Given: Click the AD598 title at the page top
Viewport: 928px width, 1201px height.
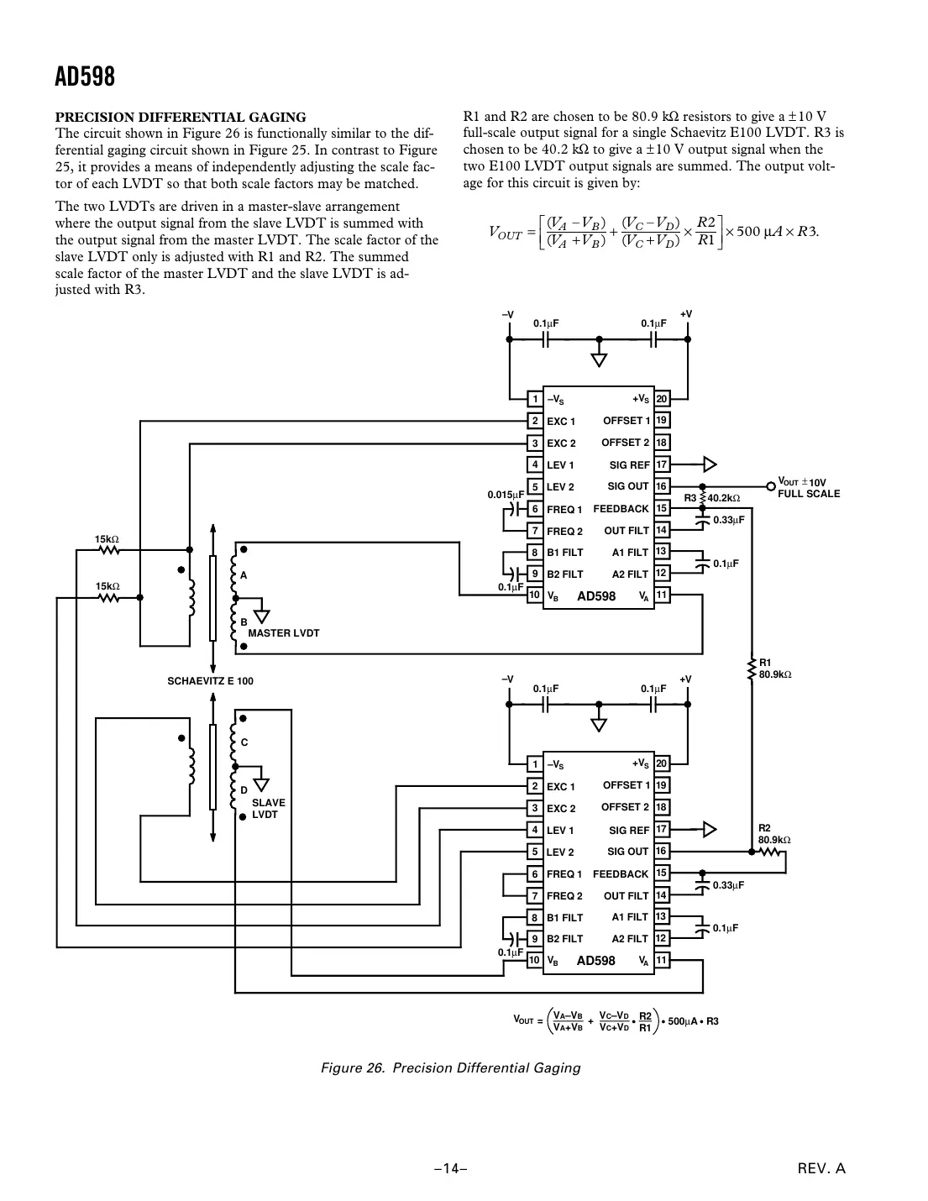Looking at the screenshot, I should (85, 77).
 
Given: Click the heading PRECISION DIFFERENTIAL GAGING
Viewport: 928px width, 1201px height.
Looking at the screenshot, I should (181, 117).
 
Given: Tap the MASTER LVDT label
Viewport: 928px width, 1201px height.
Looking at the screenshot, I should (284, 633).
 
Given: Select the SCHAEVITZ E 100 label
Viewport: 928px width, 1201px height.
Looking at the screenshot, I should (211, 681).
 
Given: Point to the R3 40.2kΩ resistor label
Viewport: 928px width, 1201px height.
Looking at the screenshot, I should (712, 498).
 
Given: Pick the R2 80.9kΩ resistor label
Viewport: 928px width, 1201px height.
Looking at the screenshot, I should (774, 833).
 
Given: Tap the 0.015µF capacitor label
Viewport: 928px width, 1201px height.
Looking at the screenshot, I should (506, 495).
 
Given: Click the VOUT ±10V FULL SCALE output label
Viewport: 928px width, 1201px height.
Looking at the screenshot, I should (808, 487).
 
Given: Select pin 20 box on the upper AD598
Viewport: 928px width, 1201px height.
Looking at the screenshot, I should (662, 399).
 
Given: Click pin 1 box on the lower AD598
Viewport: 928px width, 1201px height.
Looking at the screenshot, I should (534, 764).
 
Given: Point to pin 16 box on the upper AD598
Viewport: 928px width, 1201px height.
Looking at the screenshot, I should (662, 486).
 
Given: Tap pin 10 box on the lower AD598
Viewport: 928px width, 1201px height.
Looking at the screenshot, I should (534, 960).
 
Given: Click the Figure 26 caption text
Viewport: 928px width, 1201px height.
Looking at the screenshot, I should (451, 1068).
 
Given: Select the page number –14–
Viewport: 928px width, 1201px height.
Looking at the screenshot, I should (450, 1168).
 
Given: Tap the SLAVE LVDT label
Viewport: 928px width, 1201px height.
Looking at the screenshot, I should (268, 809).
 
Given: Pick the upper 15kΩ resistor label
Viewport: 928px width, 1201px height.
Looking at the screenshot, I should (107, 538).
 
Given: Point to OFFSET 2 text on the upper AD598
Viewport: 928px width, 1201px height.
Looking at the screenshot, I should (625, 443).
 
